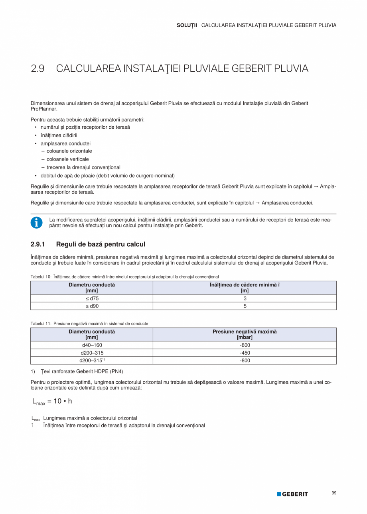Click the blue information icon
tap(36, 223)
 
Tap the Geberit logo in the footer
tap(292, 494)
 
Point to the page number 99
tap(334, 493)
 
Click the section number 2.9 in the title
tap(37, 69)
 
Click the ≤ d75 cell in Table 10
tap(92, 298)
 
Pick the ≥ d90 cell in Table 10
tap(92, 306)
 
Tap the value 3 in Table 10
tap(245, 298)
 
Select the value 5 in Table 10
tap(245, 306)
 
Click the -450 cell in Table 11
tap(245, 353)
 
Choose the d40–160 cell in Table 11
tap(92, 345)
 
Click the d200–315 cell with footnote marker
tap(92, 361)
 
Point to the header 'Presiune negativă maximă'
tap(245, 332)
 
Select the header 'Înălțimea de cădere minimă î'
tap(245, 285)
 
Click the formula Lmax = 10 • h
tap(52, 401)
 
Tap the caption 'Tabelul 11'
tap(41, 324)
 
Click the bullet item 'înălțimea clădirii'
tap(59, 135)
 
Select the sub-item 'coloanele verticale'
tap(67, 159)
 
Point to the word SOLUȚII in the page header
tap(187, 25)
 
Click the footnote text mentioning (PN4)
tap(82, 371)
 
